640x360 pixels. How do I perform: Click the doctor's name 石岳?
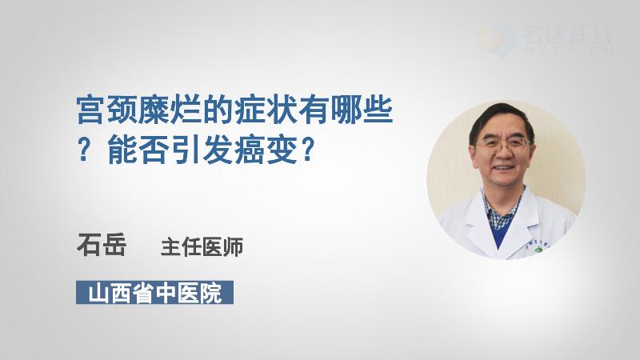102,245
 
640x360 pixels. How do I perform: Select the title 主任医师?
202,247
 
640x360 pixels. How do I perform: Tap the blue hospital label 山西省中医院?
154,292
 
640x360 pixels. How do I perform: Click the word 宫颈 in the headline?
107,110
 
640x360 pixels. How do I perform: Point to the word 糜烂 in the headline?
170,110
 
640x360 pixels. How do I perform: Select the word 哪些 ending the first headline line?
362,110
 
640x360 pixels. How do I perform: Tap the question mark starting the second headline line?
84,150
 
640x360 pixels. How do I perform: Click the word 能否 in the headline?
139,150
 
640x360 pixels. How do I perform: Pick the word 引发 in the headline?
203,150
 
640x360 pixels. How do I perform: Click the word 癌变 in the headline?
266,150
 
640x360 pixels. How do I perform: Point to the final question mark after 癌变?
308,150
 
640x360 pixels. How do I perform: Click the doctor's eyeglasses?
502,144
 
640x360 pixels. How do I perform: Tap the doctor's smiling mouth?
503,168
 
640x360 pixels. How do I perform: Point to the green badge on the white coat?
538,249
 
